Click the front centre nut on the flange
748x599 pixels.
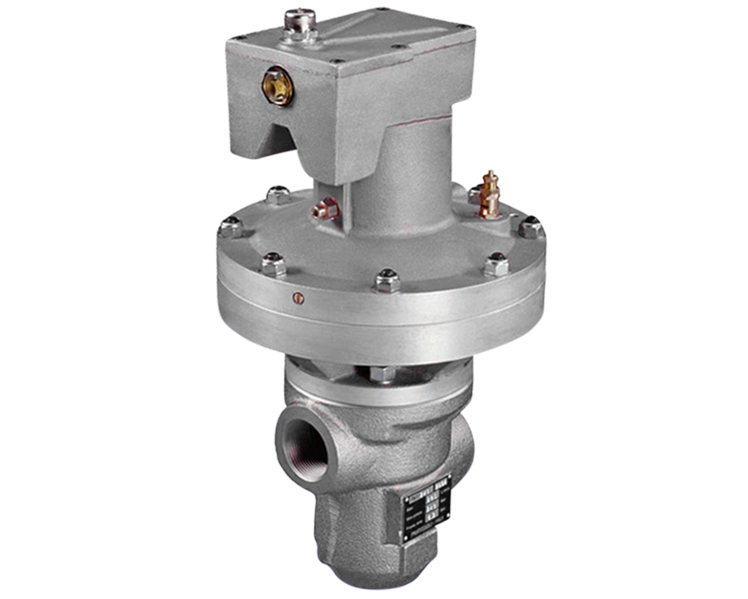click(x=386, y=281)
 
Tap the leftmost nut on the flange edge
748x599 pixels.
click(x=229, y=226)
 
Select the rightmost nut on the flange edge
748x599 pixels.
click(x=530, y=228)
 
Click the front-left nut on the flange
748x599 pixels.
click(x=274, y=264)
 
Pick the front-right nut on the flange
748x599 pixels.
click(x=496, y=265)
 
